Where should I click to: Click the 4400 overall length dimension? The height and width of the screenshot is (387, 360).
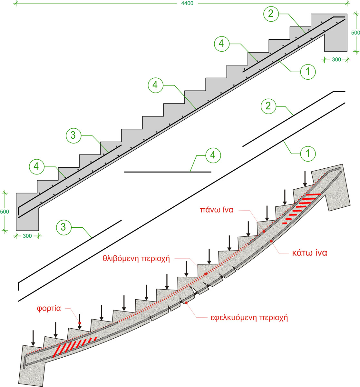click(x=187, y=3)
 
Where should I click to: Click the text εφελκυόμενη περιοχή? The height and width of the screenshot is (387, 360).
click(x=247, y=317)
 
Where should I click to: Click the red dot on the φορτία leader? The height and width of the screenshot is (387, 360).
click(x=80, y=323)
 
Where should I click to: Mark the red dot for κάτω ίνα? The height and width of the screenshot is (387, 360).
click(x=271, y=241)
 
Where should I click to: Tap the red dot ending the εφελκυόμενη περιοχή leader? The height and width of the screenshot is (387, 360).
click(x=186, y=303)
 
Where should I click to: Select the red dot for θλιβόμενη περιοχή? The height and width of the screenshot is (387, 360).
click(x=206, y=274)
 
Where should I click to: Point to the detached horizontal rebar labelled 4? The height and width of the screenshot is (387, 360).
click(x=168, y=172)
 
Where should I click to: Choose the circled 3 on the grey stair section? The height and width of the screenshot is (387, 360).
click(x=73, y=136)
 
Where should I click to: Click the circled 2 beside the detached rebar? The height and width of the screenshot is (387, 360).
click(x=268, y=106)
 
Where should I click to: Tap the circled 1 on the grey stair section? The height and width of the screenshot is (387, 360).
click(x=308, y=72)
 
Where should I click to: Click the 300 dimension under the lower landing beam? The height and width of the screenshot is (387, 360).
click(x=27, y=236)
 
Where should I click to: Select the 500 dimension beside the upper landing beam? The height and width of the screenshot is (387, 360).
click(x=355, y=33)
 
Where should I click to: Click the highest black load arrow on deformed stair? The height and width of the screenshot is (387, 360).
click(x=305, y=179)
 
